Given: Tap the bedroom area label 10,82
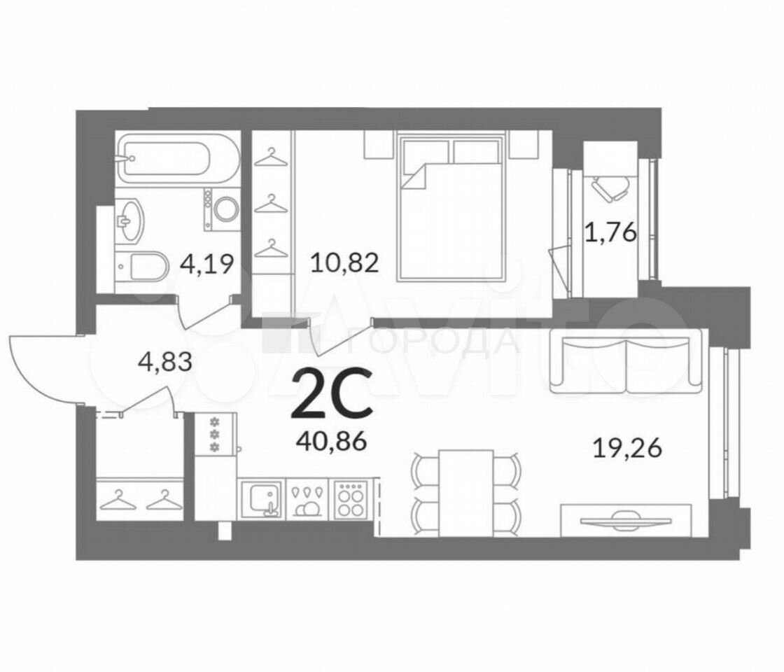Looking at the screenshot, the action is tap(344, 262).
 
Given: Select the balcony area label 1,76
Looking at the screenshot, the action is tap(610, 232).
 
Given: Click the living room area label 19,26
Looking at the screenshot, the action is tap(627, 448).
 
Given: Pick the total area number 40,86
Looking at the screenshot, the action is tap(332, 441).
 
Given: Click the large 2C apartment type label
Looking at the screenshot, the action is tap(332, 393).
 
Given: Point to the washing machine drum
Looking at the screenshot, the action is tap(227, 209).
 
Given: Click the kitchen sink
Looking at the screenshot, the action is tap(262, 498).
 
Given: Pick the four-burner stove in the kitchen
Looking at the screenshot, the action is tap(350, 498).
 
